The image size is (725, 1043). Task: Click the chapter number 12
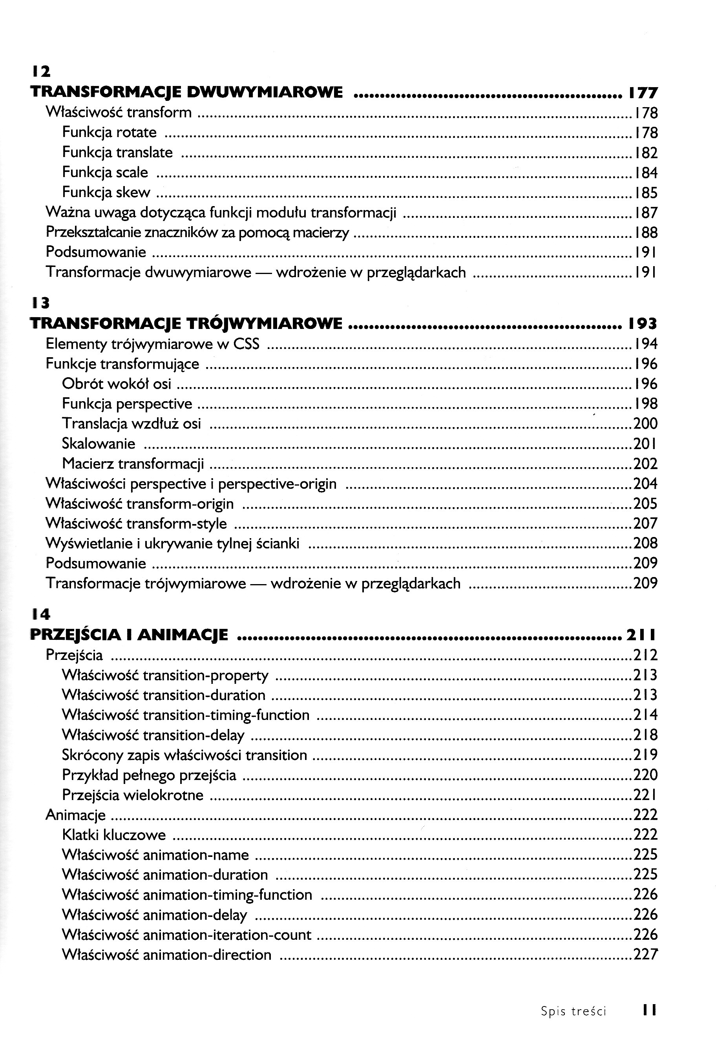[x=41, y=72]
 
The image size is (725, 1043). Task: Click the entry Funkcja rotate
[x=109, y=132]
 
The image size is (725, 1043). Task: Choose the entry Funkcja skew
[x=106, y=193]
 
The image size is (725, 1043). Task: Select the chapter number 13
[x=41, y=303]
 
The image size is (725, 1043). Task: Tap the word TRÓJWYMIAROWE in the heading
[x=265, y=323]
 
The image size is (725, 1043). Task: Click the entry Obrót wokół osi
[x=116, y=384]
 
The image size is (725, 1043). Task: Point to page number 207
[x=645, y=523]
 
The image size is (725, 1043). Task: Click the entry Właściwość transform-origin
[x=139, y=503]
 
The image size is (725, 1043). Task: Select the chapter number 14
[x=41, y=614]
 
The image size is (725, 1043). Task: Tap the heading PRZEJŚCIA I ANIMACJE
[x=129, y=635]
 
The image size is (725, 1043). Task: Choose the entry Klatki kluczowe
[x=113, y=835]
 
